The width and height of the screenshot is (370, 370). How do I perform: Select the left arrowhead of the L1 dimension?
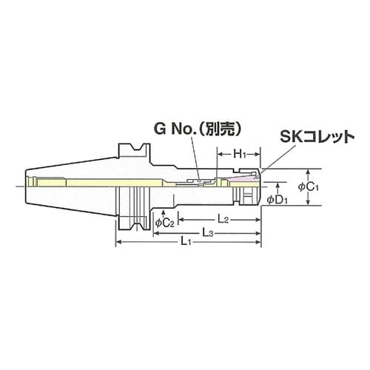click(118, 243)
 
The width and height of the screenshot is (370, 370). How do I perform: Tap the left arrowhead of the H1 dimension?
click(219, 155)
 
